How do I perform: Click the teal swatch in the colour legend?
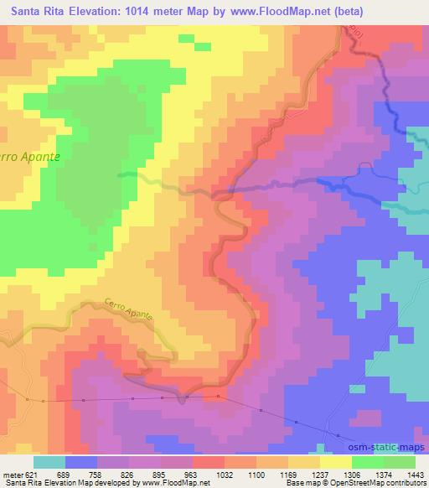49,462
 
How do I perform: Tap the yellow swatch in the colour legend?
336,462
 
